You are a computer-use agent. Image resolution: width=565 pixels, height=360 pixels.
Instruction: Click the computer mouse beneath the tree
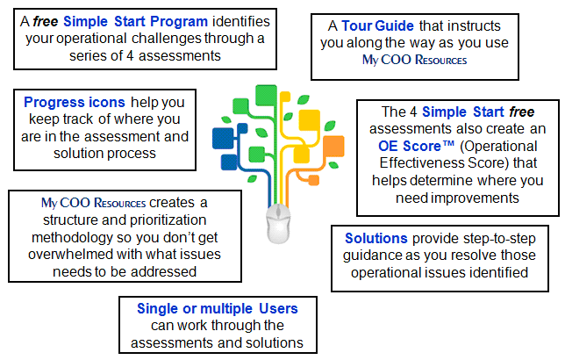pyautogui.click(x=278, y=224)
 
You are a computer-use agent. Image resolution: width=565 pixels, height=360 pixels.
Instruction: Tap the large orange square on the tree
pyautogui.click(x=333, y=146)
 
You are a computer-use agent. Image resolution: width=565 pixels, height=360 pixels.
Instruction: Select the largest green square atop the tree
pyautogui.click(x=266, y=95)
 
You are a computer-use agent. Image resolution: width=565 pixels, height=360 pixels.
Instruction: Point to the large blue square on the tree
pyautogui.click(x=223, y=138)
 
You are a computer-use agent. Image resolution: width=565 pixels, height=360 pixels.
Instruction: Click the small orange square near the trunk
pyautogui.click(x=314, y=180)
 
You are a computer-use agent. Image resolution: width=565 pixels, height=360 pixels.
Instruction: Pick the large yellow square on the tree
pyautogui.click(x=309, y=120)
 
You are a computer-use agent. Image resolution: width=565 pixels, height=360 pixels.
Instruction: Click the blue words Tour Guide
pyautogui.click(x=377, y=26)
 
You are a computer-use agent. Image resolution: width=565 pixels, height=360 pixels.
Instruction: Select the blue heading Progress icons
pyautogui.click(x=75, y=103)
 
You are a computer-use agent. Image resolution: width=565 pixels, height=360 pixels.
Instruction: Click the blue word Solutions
pyautogui.click(x=376, y=239)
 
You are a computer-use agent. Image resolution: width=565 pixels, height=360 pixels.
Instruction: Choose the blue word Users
pyautogui.click(x=278, y=309)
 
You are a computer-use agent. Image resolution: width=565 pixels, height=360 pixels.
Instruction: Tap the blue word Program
pyautogui.click(x=179, y=22)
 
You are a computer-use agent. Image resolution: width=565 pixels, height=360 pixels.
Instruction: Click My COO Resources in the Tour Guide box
pyautogui.click(x=414, y=60)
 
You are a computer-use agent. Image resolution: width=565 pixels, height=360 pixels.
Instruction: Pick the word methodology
pyautogui.click(x=72, y=238)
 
